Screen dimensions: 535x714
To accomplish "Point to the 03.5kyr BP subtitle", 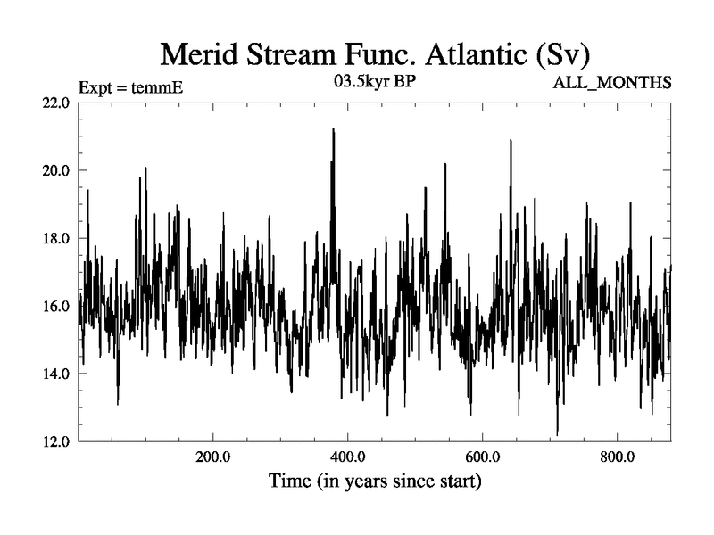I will coord(374,83).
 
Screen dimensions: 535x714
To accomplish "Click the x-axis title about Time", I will coord(375,482).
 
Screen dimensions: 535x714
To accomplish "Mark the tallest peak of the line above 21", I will coord(333,129).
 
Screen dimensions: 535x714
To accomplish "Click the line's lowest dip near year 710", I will coord(557,434).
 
